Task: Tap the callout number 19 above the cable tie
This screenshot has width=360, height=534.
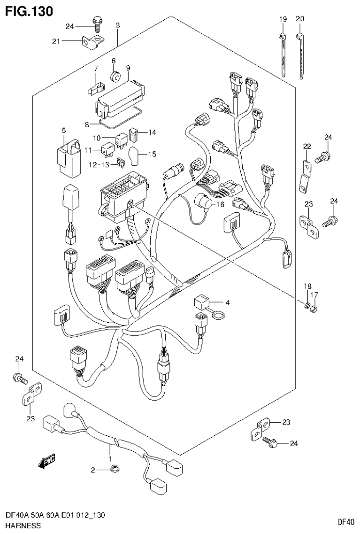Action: [283, 19]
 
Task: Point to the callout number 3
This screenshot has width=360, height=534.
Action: [118, 25]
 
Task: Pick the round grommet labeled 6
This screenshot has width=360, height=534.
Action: [114, 76]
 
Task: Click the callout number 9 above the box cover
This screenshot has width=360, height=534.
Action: [128, 68]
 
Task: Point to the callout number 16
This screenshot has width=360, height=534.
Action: [221, 204]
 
